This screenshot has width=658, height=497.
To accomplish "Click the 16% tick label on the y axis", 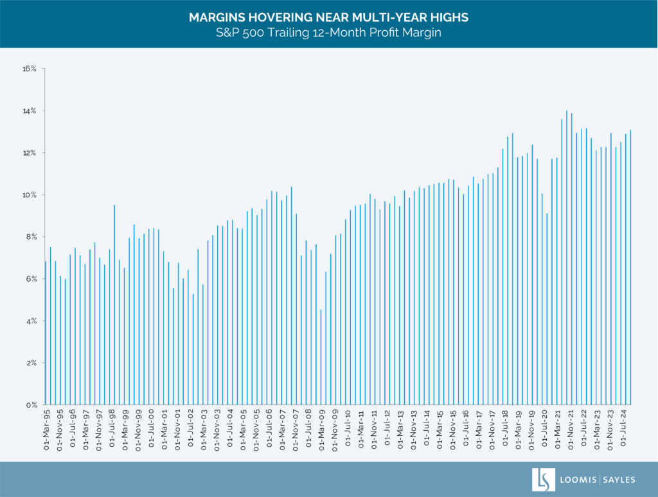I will pos(30,69).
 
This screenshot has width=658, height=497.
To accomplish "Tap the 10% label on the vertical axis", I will pos(30,195).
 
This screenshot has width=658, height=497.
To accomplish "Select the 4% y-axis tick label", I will pos(32,321).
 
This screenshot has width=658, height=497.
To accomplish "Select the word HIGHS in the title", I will pos(450,17).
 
